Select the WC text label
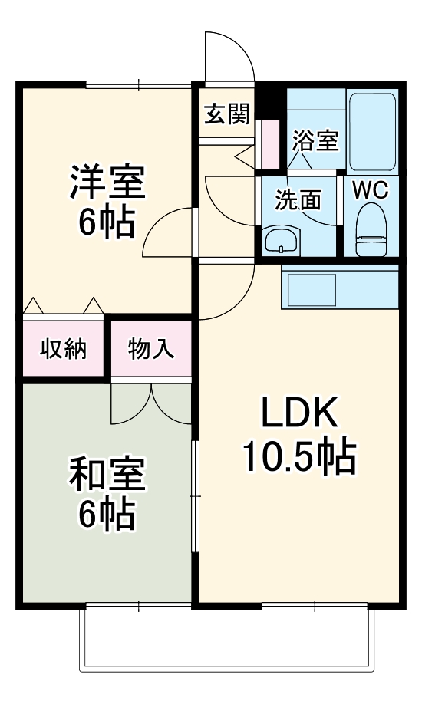371,191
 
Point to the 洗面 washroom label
298,200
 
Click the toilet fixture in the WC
371,229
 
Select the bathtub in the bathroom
372,132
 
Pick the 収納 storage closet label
64,348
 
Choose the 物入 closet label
150,348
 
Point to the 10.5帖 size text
299,456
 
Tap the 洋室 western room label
107,182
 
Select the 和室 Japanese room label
107,474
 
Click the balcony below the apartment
226,640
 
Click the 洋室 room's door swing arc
157,223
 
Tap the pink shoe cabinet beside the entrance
269,143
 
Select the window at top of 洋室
139,84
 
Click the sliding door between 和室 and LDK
195,496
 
